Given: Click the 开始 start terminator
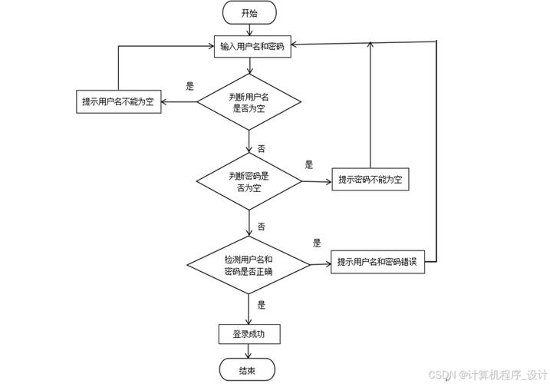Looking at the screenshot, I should click(249, 12).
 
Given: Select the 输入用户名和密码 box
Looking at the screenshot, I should click(250, 46).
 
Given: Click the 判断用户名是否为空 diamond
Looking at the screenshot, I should click(249, 102).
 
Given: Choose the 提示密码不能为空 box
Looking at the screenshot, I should click(370, 180).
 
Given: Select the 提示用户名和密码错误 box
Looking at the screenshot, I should click(377, 263).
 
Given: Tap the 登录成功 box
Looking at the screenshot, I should click(249, 334).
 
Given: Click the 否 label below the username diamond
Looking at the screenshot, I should click(261, 147).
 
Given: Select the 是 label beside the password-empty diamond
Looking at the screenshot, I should click(309, 164).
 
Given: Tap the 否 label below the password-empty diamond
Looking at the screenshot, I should click(261, 227).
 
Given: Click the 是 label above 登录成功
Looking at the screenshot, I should click(261, 305).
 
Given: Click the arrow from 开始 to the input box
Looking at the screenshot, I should click(249, 29).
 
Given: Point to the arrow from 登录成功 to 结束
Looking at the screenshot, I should click(249, 351).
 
